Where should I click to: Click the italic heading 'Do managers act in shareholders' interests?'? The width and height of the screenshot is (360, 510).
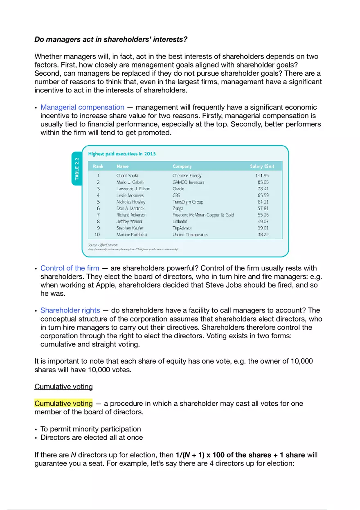[x=111, y=40]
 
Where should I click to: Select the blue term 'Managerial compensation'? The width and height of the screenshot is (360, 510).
[x=82, y=107]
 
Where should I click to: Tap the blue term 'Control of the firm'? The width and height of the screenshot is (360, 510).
[x=70, y=268]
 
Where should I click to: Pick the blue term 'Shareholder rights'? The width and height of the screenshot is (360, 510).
[x=70, y=311]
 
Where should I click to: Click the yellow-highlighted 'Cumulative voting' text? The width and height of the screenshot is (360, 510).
[x=63, y=404]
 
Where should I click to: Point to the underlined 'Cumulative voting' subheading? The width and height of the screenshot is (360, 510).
[x=63, y=386]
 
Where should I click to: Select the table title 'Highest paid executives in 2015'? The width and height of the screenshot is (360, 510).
[x=122, y=154]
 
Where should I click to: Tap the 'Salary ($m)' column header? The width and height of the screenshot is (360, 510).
[x=262, y=166]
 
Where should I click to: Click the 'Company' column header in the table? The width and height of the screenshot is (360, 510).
[x=182, y=166]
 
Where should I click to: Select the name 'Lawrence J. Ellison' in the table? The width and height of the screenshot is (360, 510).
[x=133, y=189]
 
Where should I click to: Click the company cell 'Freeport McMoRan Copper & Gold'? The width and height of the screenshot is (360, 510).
[x=203, y=215]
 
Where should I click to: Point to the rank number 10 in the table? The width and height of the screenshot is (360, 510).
[x=97, y=234]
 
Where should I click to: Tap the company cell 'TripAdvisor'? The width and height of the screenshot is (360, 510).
[x=182, y=228]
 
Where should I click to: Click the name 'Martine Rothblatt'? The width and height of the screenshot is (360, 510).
[x=132, y=234]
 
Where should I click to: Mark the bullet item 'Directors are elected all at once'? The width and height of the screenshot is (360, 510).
[x=91, y=438]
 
